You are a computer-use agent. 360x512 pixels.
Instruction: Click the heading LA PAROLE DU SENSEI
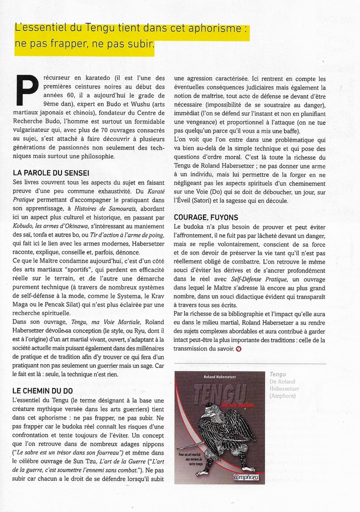coord(51,173)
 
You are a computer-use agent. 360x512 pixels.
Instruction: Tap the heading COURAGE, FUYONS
coord(206,217)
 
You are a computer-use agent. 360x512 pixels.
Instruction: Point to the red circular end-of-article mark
coord(238,348)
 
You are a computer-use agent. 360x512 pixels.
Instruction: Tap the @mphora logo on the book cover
coord(246,477)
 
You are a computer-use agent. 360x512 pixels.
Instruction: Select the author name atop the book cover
coord(219,376)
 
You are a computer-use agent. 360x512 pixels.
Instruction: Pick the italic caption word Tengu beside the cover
coord(278,374)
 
